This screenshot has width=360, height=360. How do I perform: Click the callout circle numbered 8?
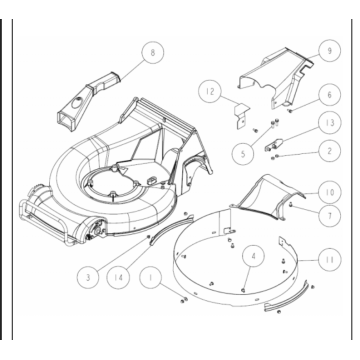click(153, 53)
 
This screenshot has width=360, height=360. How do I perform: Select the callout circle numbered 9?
click(329, 51)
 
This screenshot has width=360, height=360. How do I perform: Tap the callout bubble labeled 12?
click(210, 91)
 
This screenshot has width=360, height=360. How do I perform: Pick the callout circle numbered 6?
click(329, 95)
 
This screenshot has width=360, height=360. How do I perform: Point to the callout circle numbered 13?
click(329, 123)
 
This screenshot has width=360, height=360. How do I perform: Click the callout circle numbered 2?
click(329, 151)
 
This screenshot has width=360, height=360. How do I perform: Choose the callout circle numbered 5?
click(243, 153)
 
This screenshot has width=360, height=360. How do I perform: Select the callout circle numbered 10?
click(329, 192)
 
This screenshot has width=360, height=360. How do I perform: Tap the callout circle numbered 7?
click(329, 215)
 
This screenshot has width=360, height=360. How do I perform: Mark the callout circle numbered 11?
click(329, 259)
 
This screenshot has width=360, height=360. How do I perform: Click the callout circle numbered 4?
click(253, 256)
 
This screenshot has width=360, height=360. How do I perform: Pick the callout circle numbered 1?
click(151, 277)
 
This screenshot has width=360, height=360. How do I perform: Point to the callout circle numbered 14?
click(119, 277)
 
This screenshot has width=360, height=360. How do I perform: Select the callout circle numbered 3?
click(88, 277)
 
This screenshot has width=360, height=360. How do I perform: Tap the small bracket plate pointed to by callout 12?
click(242, 115)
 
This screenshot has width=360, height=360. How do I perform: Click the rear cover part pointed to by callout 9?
click(277, 78)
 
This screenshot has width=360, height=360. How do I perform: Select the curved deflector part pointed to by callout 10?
click(267, 197)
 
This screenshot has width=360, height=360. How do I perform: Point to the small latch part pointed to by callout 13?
click(274, 145)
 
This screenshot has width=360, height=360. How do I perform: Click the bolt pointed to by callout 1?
click(184, 300)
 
